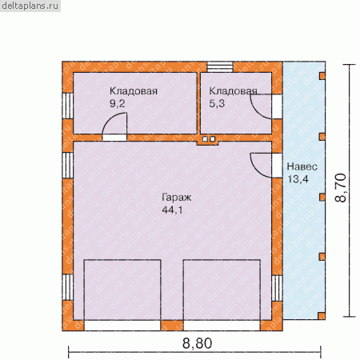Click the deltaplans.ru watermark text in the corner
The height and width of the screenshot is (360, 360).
coord(30,6)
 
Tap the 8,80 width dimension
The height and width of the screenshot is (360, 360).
coord(198,343)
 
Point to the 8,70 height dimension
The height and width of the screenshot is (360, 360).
coord(341,188)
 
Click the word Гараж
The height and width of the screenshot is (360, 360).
coord(177,198)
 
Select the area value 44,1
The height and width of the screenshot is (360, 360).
coord(172,210)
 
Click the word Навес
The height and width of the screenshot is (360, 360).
coord(302,166)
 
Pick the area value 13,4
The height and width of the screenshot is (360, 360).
coord(298,179)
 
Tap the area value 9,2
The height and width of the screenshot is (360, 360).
coord(118,103)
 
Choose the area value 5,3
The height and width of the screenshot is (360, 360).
coord(217,103)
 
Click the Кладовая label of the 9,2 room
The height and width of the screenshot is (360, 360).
coord(134,91)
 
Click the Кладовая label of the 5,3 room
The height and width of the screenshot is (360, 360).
coord(233,91)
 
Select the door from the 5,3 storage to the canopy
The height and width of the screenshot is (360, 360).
coord(277,106)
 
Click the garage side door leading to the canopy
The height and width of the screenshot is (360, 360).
coord(277,166)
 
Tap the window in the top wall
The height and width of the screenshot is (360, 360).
coord(220,67)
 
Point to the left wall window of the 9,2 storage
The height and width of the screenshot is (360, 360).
coord(68,106)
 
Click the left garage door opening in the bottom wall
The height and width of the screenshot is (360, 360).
coord(122,326)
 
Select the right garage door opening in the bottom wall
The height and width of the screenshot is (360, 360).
coord(222,326)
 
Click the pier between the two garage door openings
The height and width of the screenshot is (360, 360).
coord(172,326)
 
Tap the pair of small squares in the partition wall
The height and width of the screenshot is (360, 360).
coord(209,139)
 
